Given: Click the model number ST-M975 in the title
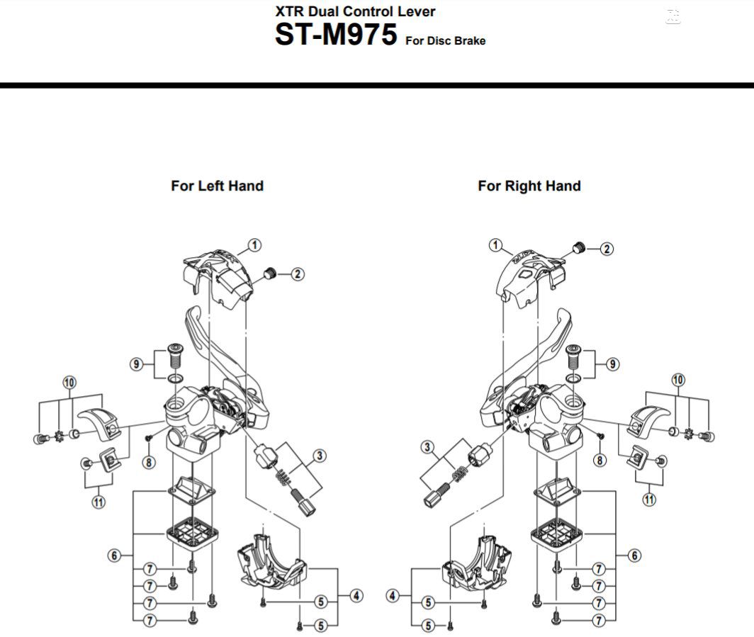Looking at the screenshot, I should [336, 35].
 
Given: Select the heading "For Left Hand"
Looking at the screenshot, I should [217, 186].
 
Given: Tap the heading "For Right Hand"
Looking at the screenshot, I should [529, 186].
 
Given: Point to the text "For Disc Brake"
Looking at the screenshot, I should [445, 41].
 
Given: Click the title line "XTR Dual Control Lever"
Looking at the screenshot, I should [355, 11].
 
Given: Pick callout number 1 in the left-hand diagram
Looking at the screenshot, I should [254, 245].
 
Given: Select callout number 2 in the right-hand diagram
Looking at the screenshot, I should [607, 249].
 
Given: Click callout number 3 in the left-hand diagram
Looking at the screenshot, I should [320, 456].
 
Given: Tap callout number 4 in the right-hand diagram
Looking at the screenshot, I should [394, 596].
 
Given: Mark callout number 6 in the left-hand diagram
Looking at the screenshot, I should [115, 556].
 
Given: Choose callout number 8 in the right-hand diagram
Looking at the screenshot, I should [600, 461].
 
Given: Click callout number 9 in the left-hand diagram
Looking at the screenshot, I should [136, 364].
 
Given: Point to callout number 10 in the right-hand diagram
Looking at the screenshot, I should [678, 380].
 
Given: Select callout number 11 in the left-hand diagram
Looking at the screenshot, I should [98, 502].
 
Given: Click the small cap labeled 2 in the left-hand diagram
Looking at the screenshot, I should [269, 273].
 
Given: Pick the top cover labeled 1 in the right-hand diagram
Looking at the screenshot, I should [528, 273].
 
